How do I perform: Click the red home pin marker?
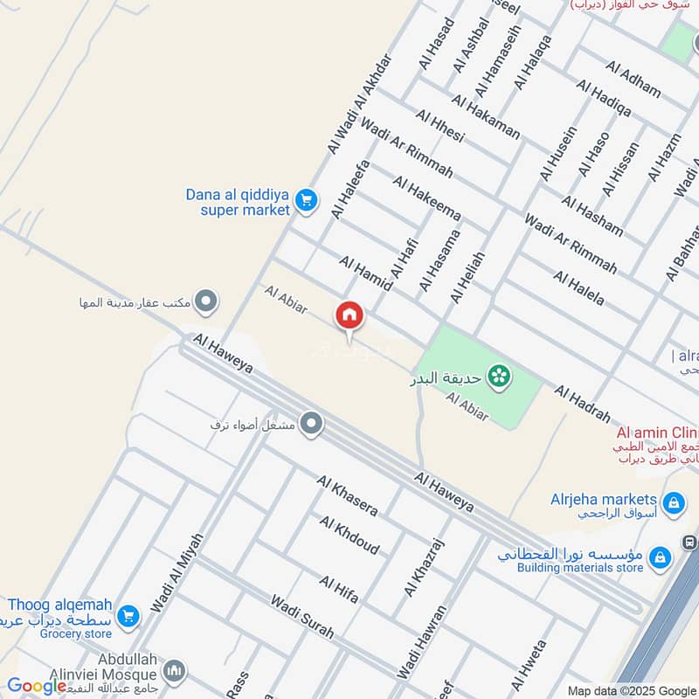(x=349, y=315)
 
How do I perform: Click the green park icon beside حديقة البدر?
(x=500, y=377)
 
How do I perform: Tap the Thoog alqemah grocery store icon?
(x=129, y=617)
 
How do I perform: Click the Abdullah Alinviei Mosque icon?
(x=174, y=671)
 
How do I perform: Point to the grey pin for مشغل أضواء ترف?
(x=312, y=426)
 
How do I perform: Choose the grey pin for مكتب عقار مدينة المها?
(x=205, y=302)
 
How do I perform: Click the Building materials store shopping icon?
(x=661, y=556)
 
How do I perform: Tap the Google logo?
(x=37, y=687)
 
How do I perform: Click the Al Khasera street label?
(x=347, y=495)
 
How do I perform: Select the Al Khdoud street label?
(x=349, y=535)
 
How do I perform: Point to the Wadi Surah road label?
(x=301, y=617)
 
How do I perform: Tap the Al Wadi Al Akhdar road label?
(x=359, y=104)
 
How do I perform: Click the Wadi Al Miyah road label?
(x=176, y=572)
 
